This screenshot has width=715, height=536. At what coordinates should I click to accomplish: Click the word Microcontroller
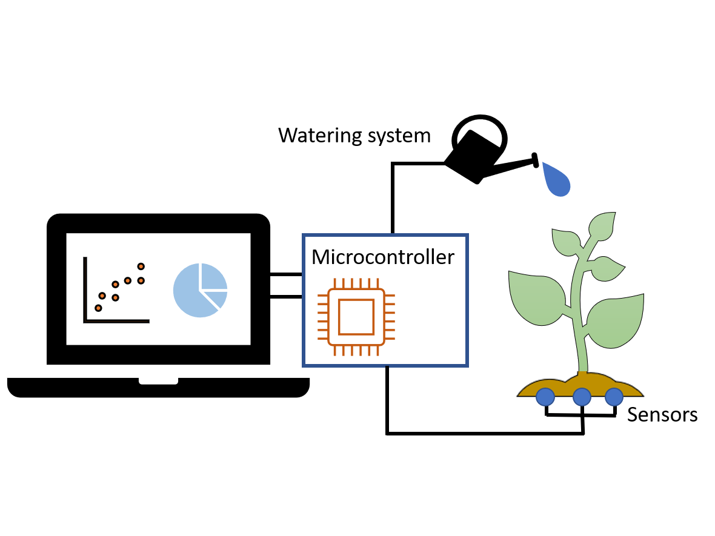click(x=382, y=257)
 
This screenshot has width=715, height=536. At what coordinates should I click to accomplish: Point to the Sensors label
click(x=662, y=415)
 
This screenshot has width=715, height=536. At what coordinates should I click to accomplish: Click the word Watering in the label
click(x=317, y=135)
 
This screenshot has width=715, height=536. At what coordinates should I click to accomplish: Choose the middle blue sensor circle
click(x=582, y=397)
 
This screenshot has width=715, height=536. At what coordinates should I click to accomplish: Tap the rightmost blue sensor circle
click(x=614, y=397)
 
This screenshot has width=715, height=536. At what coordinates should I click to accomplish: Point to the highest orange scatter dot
click(x=141, y=266)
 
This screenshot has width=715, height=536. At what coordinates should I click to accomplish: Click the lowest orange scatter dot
click(x=98, y=308)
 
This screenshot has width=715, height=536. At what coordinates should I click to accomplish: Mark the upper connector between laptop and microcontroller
click(x=286, y=274)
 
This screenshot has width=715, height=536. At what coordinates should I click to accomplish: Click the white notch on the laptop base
click(x=158, y=381)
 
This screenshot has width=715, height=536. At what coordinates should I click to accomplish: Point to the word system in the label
click(x=394, y=135)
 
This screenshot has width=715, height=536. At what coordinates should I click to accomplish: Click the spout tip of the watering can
click(x=536, y=160)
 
